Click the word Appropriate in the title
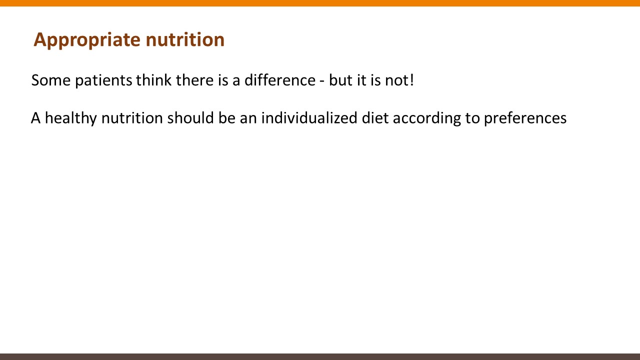[x=87, y=40]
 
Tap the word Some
[x=51, y=80]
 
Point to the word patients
[x=103, y=81]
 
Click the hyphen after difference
[x=322, y=81]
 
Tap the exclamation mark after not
[x=411, y=80]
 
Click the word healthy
[x=71, y=118]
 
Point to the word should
[x=190, y=117]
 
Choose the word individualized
[x=309, y=117]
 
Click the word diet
[x=375, y=117]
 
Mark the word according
[x=427, y=118]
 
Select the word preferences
[x=525, y=118]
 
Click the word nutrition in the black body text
[x=132, y=117]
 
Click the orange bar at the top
[x=320, y=3]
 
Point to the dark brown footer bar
[x=320, y=357]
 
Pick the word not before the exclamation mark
[x=395, y=80]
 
